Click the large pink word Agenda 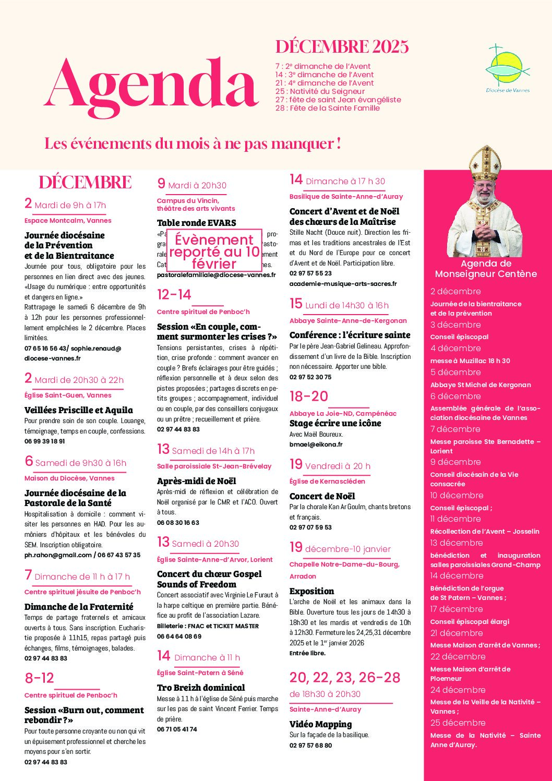(151, 86)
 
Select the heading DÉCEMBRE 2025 (342, 47)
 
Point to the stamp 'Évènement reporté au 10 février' (214, 251)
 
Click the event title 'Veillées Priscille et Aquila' (78, 410)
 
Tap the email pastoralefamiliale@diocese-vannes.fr (216, 275)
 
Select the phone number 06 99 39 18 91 (45, 441)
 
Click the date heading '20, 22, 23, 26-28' (345, 677)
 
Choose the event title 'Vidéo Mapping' (320, 724)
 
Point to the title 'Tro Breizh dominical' (201, 688)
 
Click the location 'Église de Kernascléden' (327, 481)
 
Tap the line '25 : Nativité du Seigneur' (320, 91)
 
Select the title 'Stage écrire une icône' (335, 423)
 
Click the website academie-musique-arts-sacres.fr (343, 284)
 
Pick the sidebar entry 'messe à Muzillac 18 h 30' (470, 361)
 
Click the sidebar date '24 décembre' (458, 690)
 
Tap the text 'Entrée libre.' (307, 653)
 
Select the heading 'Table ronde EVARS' (196, 223)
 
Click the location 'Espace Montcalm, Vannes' (68, 220)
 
